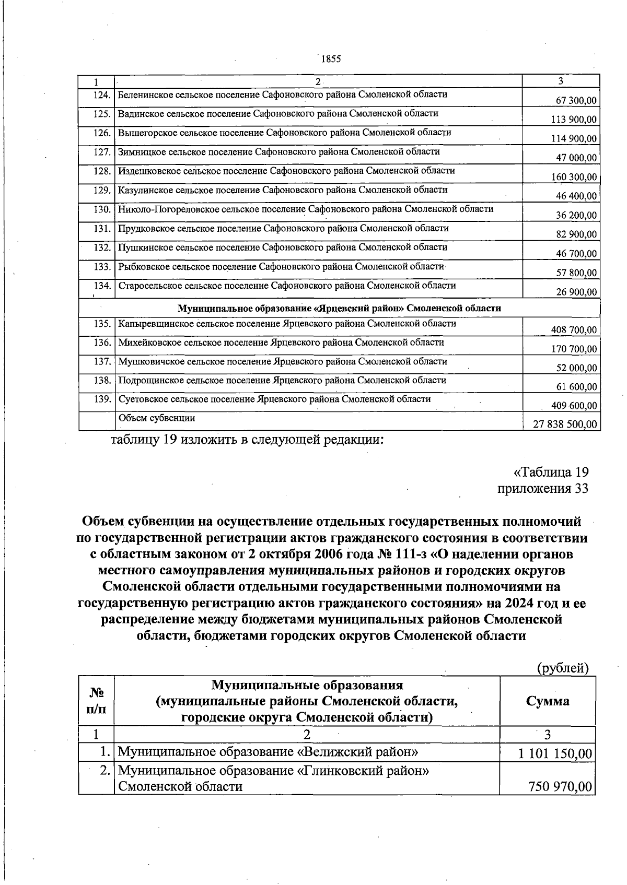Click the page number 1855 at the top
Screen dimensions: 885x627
(x=331, y=59)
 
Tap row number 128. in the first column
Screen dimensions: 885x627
(x=102, y=171)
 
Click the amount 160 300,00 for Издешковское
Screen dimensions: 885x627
(x=574, y=177)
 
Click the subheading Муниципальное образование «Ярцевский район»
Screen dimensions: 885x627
(x=340, y=308)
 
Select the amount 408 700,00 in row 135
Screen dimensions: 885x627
(x=574, y=330)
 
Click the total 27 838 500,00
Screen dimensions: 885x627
(x=564, y=424)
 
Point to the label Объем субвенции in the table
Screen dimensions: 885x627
(x=157, y=418)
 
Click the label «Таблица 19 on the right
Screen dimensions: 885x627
(x=551, y=473)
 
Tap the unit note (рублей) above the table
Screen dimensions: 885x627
(x=563, y=668)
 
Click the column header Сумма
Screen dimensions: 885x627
(x=547, y=701)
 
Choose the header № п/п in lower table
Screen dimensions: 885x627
(x=97, y=701)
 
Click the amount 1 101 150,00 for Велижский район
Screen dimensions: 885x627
(x=555, y=754)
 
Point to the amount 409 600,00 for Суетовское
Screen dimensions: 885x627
(x=574, y=406)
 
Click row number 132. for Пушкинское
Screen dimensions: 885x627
(x=102, y=247)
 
